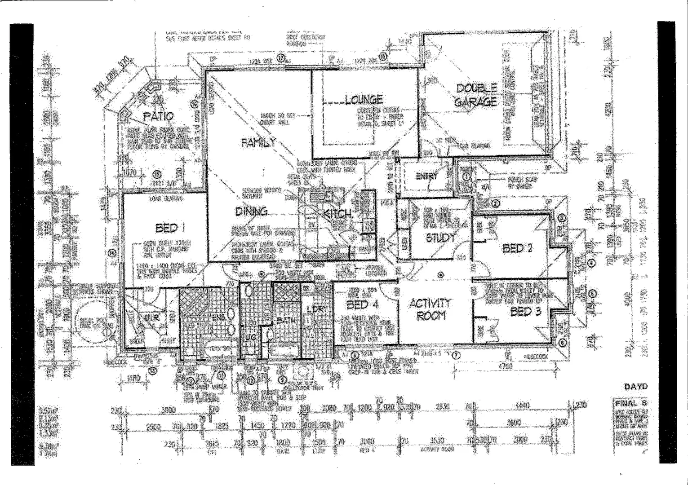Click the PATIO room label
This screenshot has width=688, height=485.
(x=158, y=116)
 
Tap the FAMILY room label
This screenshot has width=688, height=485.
(x=258, y=143)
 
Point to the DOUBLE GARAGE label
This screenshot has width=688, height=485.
(x=476, y=95)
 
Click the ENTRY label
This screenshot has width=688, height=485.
(x=426, y=176)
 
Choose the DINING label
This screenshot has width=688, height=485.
(x=251, y=211)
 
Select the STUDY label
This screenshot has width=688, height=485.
(x=440, y=238)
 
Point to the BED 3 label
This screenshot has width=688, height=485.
(x=525, y=311)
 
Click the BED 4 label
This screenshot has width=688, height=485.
(x=363, y=305)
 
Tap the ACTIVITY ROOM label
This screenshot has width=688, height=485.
(x=431, y=309)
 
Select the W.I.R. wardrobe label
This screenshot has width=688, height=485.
(x=149, y=318)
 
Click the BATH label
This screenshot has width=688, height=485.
(x=286, y=321)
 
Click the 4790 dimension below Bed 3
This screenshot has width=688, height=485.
(x=505, y=366)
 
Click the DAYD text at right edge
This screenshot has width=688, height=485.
(x=636, y=386)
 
